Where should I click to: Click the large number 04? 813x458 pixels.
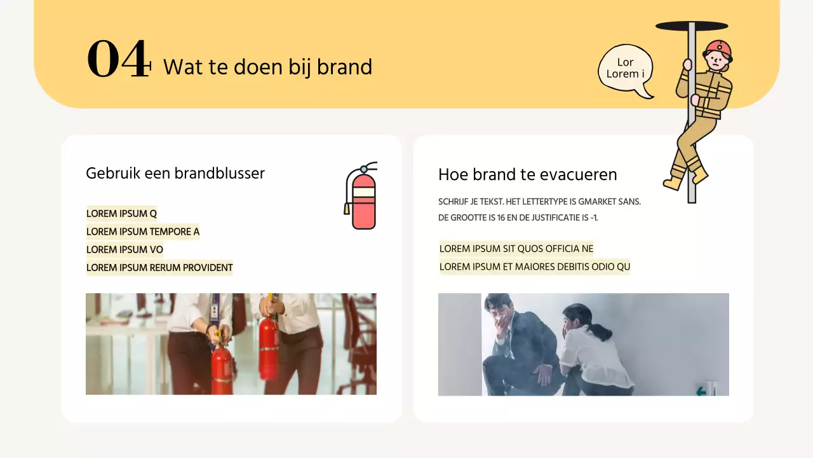pyautogui.click(x=118, y=59)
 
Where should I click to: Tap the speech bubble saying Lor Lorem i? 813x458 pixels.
pyautogui.click(x=626, y=69)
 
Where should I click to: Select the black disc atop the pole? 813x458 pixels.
pyautogui.click(x=691, y=26)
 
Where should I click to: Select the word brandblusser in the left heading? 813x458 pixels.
pyautogui.click(x=219, y=173)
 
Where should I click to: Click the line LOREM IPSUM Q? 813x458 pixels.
pyautogui.click(x=121, y=214)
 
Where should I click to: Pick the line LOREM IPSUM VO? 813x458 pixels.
pyautogui.click(x=124, y=249)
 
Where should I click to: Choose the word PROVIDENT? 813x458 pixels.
pyautogui.click(x=208, y=268)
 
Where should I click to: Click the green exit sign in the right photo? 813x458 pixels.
pyautogui.click(x=701, y=391)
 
